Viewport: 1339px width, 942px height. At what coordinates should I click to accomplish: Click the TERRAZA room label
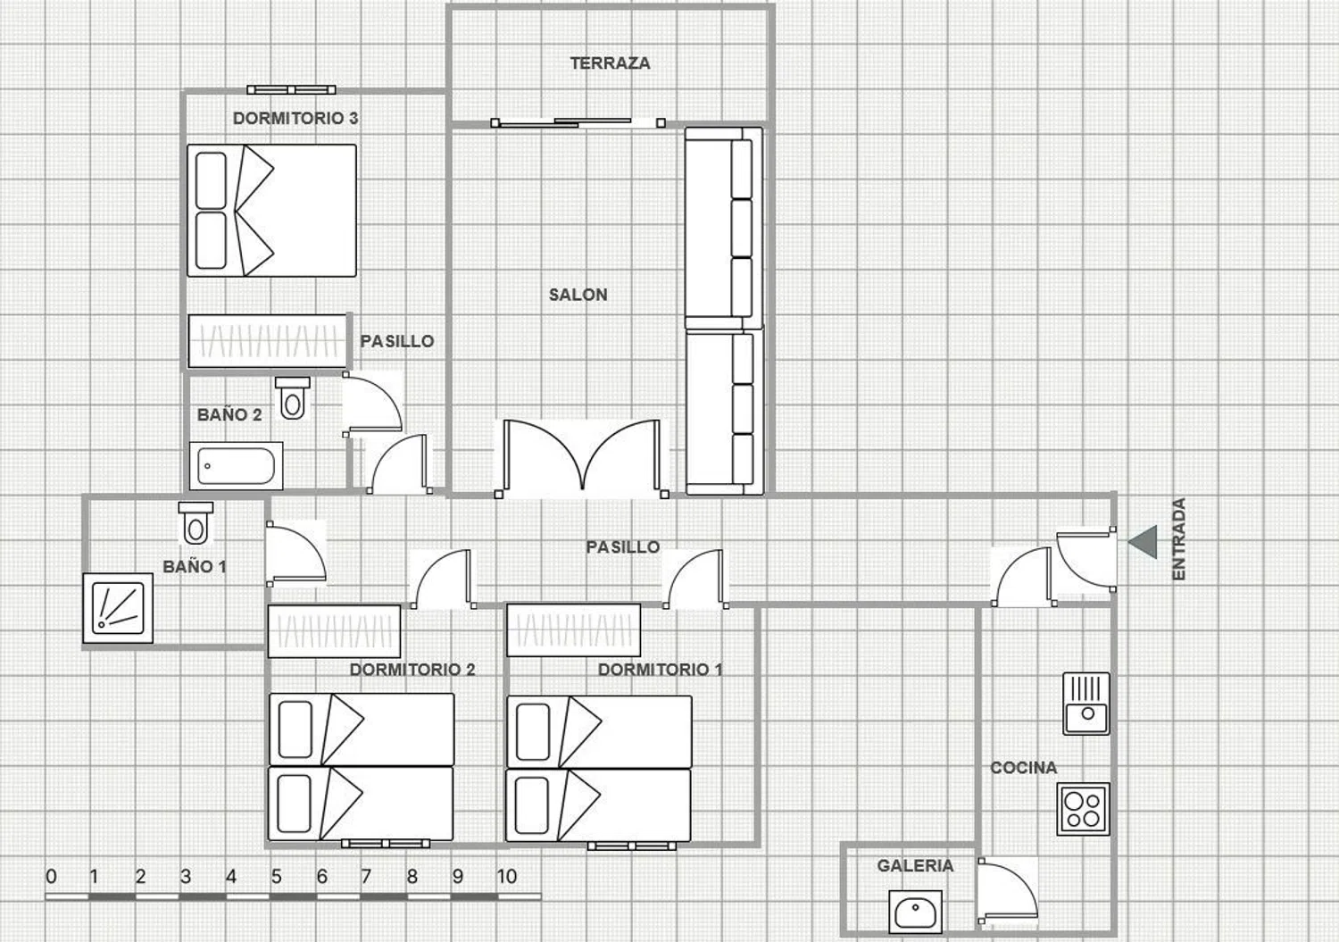click(610, 63)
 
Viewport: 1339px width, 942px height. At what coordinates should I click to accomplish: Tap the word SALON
click(578, 295)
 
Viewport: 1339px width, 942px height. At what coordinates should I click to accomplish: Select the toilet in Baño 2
click(292, 397)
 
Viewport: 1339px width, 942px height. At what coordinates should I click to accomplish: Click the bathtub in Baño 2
click(237, 466)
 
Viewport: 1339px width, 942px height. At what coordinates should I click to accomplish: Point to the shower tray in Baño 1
click(118, 608)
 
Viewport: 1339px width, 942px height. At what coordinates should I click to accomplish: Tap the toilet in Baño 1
click(195, 523)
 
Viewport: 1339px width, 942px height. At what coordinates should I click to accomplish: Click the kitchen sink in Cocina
click(1086, 704)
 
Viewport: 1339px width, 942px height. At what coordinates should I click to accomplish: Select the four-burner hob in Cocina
click(1083, 809)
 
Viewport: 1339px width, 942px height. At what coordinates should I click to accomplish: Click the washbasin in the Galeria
click(915, 912)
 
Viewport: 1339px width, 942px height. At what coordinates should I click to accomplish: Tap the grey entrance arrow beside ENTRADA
click(1143, 542)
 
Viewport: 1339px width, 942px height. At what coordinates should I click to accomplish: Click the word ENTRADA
click(1178, 539)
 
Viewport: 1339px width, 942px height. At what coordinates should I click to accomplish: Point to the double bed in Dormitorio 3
click(272, 211)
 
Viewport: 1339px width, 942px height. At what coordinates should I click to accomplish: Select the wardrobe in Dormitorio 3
click(267, 341)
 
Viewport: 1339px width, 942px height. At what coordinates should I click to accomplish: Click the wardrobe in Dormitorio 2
click(334, 631)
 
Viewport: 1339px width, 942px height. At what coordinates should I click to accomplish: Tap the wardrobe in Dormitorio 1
click(574, 629)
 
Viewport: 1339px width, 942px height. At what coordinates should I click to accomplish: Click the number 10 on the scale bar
click(506, 877)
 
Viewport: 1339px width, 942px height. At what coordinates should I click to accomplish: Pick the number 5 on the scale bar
click(276, 877)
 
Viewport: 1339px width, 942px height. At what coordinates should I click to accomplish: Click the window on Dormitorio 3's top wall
click(291, 89)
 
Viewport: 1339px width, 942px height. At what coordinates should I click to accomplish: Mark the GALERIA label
click(915, 865)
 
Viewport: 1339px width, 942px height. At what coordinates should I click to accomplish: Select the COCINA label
click(1023, 767)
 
